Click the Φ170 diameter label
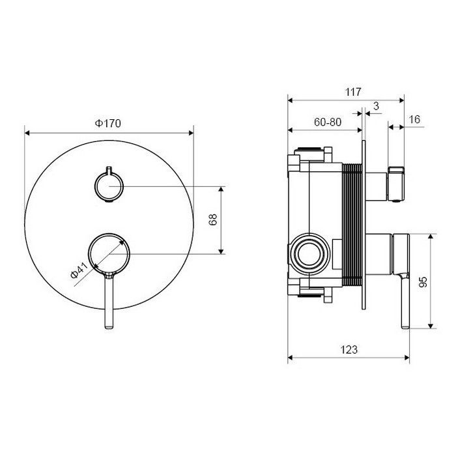(109, 122)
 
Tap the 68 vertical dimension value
(212, 220)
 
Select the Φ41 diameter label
(79, 271)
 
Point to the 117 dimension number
(352, 92)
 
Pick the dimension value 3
(376, 106)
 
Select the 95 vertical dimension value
(423, 281)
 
